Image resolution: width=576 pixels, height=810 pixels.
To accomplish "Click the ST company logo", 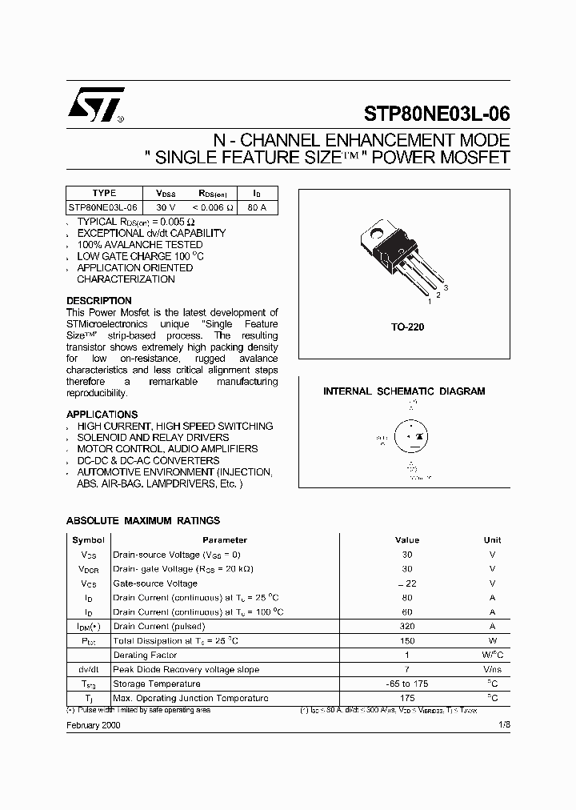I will click(x=94, y=106).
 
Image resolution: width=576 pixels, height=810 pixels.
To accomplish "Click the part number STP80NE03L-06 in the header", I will click(x=436, y=113).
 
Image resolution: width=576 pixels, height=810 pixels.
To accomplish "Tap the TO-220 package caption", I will click(x=408, y=327).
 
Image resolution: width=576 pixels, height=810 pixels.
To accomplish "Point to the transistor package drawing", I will click(x=403, y=259).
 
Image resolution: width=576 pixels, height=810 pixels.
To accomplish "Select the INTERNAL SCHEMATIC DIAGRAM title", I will click(x=404, y=391).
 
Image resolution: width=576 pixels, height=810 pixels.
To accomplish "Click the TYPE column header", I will click(x=104, y=193).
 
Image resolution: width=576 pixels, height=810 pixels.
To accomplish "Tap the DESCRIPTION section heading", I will click(x=99, y=301).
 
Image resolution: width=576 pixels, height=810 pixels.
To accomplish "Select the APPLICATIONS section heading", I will click(x=102, y=415).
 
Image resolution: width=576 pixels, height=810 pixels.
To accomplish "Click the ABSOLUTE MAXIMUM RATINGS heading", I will click(x=142, y=520).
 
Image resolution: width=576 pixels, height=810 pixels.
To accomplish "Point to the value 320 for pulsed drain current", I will click(x=407, y=627).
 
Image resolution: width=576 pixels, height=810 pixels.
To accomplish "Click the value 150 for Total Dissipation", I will click(x=407, y=641).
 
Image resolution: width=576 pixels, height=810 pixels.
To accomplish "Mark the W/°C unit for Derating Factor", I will click(x=492, y=656).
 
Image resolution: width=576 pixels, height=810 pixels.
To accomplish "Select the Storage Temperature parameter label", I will click(x=156, y=684).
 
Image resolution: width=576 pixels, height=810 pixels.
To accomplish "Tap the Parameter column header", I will click(x=225, y=540).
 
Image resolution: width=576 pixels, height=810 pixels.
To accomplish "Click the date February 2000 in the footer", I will click(x=94, y=724).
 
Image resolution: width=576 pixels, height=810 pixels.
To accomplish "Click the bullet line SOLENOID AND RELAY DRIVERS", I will click(x=153, y=438).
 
